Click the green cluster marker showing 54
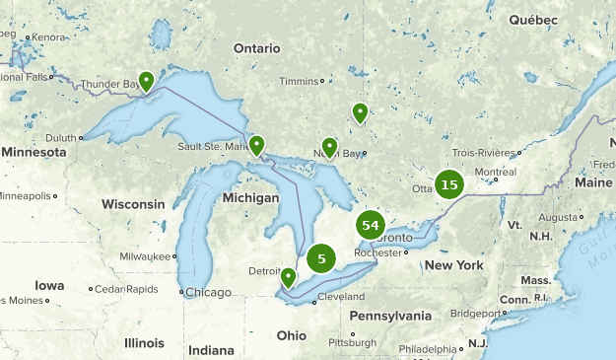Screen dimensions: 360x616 tap(371, 226)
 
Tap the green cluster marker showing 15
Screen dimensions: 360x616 tap(449, 184)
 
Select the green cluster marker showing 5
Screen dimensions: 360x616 tap(321, 258)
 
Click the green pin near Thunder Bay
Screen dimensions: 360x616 tap(146, 81)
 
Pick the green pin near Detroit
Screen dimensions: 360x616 tap(288, 277)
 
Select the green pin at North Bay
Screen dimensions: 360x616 tap(329, 147)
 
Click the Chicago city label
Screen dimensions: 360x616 tap(208, 292)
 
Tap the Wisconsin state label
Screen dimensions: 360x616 tap(133, 204)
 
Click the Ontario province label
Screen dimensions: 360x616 tap(257, 48)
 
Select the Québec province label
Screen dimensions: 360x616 tap(533, 20)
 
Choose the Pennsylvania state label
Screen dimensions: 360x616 tap(390, 316)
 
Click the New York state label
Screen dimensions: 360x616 tap(454, 265)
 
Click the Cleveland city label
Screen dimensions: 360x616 tap(341, 297)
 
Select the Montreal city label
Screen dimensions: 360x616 tap(496, 172)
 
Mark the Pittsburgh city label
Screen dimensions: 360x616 tap(352, 342)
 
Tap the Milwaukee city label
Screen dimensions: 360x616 tap(145, 255)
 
